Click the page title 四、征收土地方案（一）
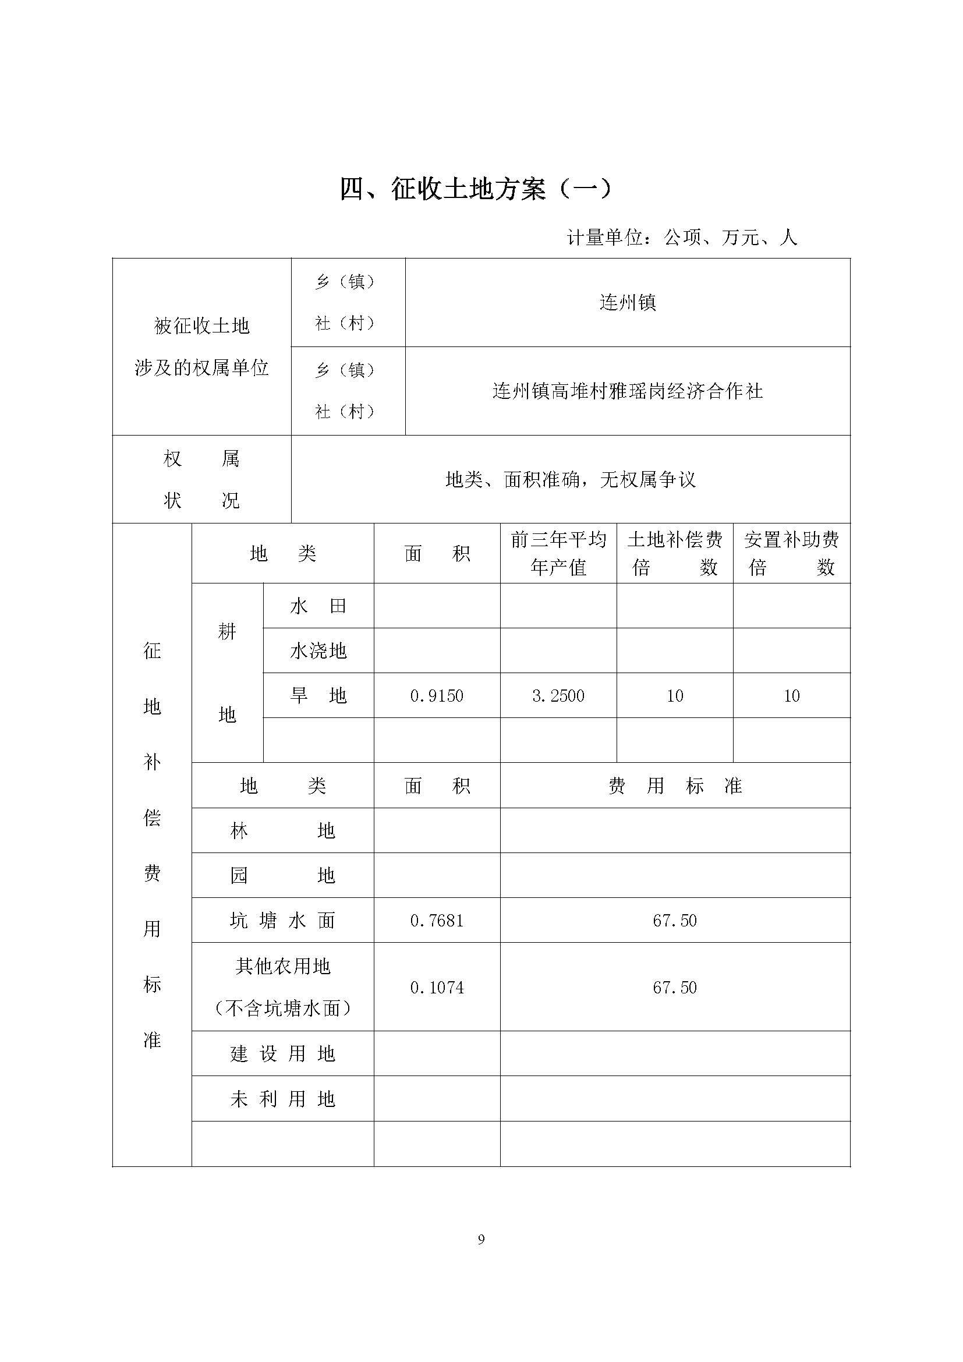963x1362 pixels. (476, 189)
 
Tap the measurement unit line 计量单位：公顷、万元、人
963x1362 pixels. (681, 238)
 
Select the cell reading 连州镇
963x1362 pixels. (628, 303)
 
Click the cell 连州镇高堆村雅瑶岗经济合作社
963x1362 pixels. (628, 391)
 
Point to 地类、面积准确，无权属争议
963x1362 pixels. (571, 479)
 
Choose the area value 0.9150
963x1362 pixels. (437, 695)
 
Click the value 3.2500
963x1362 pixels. (558, 695)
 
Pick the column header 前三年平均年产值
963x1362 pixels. (558, 553)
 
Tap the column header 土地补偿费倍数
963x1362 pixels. (675, 553)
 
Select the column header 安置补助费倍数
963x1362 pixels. (792, 553)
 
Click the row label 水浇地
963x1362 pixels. (318, 651)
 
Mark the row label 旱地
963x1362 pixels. (318, 695)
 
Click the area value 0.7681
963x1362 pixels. (437, 921)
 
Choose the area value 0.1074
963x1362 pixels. (437, 988)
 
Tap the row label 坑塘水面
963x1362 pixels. (282, 921)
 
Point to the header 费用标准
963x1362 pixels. (675, 786)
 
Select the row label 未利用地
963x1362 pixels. (282, 1099)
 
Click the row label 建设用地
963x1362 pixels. (282, 1054)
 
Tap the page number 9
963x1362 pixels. (481, 1240)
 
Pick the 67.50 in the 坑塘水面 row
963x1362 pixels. (675, 921)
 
